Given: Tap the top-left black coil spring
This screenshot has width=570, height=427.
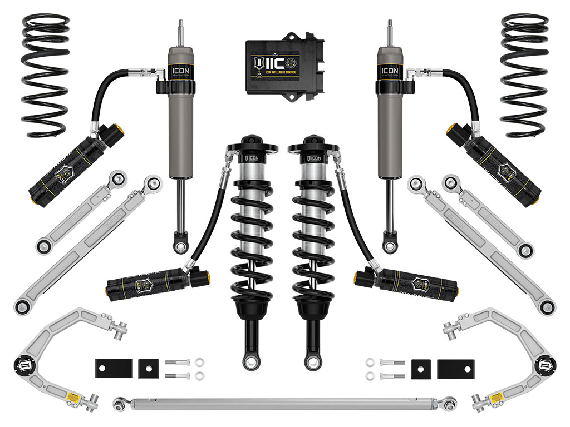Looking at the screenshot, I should [x=45, y=75].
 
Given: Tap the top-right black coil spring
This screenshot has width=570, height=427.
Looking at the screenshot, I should [x=524, y=75].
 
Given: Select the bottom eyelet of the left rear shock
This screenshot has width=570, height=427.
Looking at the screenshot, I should [x=180, y=245].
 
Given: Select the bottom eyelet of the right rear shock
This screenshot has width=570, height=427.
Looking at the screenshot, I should [x=390, y=245].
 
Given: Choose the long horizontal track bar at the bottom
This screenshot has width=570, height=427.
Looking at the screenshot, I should [x=284, y=401].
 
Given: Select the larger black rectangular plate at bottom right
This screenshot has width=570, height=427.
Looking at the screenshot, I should [x=456, y=368].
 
